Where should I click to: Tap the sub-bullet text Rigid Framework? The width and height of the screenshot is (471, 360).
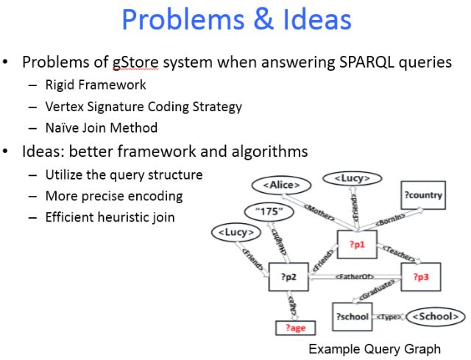pos(96,85)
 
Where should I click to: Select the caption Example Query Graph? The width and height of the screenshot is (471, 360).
pos(375,347)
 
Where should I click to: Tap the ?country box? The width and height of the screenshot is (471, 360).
pos(423,195)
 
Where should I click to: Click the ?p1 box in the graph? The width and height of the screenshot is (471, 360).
pos(356,243)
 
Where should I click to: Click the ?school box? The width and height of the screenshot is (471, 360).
pos(353,316)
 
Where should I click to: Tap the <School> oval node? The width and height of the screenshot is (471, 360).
pos(435,316)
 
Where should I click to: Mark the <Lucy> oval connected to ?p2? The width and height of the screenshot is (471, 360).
pos(236,233)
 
